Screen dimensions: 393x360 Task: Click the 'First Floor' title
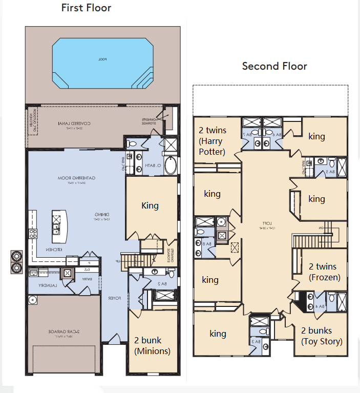[86, 8]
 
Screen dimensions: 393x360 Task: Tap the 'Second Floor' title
[274, 66]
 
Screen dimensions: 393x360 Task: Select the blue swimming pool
[102, 60]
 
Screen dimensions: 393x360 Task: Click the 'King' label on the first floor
[150, 205]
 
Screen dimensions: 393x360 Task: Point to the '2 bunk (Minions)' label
[152, 345]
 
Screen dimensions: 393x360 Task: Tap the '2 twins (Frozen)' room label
[323, 272]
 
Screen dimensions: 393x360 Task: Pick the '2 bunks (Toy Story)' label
[322, 336]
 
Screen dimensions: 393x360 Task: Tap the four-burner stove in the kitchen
[33, 234]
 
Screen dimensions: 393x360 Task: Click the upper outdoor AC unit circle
[16, 256]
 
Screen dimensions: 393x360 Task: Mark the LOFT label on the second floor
[266, 224]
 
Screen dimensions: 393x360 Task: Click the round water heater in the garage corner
[33, 300]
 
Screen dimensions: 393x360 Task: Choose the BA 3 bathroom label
[255, 341]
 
